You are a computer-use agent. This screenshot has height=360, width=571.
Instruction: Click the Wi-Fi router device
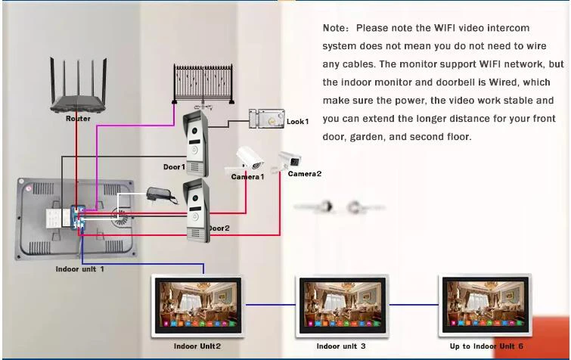(x=78, y=92)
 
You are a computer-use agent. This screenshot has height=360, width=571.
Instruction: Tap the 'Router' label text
(x=78, y=119)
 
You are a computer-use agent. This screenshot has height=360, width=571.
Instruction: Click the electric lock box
(x=265, y=120)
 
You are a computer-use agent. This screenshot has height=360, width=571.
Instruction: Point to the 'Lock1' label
(x=297, y=122)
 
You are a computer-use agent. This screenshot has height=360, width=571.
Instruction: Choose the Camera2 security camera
(x=290, y=160)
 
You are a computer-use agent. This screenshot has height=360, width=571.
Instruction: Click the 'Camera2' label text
(x=304, y=174)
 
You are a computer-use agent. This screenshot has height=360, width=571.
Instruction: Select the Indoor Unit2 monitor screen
(x=197, y=305)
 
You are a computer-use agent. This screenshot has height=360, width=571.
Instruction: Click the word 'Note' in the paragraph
(x=336, y=29)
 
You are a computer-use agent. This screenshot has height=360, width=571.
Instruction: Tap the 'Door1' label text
(x=173, y=167)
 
